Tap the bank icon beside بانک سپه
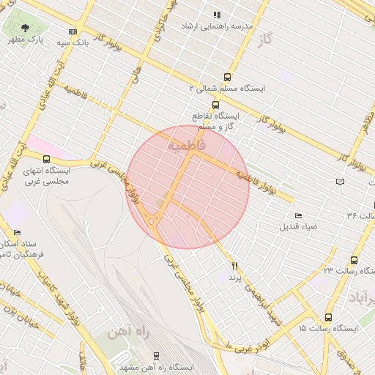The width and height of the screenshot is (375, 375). pyautogui.click(x=72, y=31)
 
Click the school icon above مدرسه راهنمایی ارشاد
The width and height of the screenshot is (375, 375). pyautogui.click(x=216, y=15)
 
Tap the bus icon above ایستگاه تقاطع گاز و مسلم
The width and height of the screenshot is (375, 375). pyautogui.click(x=215, y=105)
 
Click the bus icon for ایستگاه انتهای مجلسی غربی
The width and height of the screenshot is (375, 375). pyautogui.click(x=47, y=159)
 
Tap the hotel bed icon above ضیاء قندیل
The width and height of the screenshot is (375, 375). pyautogui.click(x=297, y=215)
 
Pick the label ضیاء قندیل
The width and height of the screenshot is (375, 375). pyautogui.click(x=298, y=226)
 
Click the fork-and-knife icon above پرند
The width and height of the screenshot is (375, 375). pyautogui.click(x=235, y=267)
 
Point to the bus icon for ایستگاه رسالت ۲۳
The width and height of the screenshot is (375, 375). pyautogui.click(x=354, y=260)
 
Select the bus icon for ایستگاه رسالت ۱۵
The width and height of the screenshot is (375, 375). pyautogui.click(x=328, y=317)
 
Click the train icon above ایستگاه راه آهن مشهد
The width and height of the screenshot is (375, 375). pyautogui.click(x=156, y=355)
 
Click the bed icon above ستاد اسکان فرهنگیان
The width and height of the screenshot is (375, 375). pyautogui.click(x=17, y=232)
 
